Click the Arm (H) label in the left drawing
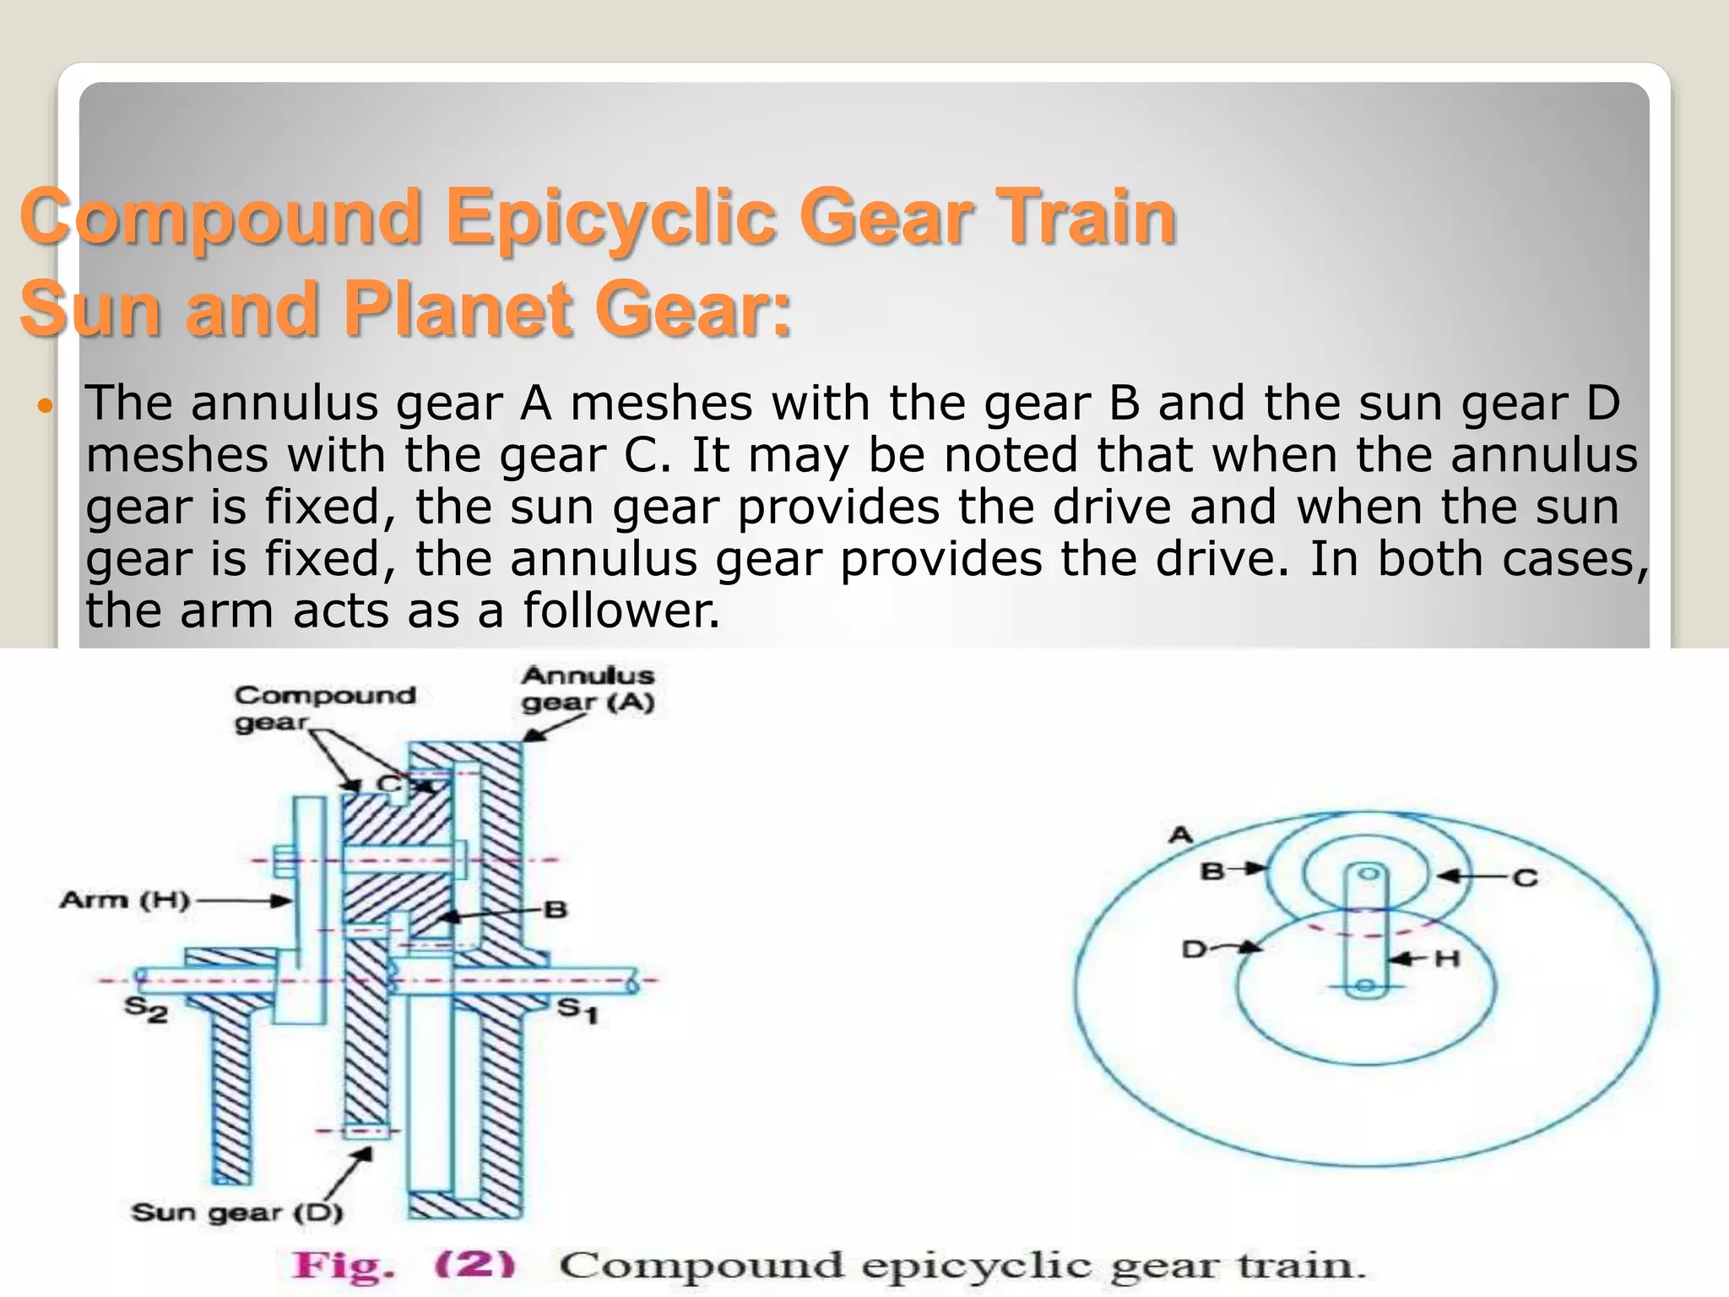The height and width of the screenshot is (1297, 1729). tap(124, 900)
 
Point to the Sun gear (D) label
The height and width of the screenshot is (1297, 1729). tap(237, 1213)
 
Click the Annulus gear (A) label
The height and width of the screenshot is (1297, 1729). tap(588, 689)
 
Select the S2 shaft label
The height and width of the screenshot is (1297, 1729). tap(146, 1009)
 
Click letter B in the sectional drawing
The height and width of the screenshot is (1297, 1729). tap(555, 910)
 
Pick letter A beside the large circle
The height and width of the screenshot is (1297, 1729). tap(1180, 835)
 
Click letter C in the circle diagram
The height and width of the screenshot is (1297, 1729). tap(1525, 878)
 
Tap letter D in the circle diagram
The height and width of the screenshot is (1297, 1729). tap(1194, 950)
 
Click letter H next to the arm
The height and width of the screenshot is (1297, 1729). tap(1447, 958)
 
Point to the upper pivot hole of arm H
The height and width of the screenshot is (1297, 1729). tap(1369, 874)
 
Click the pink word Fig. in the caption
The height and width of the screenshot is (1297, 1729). tap(343, 1265)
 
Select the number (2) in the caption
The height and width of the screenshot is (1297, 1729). tap(474, 1265)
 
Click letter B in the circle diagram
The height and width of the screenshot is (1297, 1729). tap(1212, 871)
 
